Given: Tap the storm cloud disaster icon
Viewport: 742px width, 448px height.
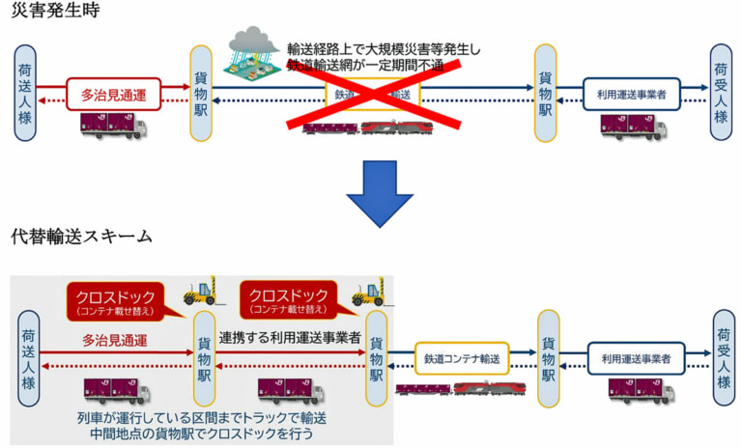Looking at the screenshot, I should click(253, 56).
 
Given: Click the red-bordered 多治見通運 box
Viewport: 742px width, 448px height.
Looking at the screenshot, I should click(113, 95).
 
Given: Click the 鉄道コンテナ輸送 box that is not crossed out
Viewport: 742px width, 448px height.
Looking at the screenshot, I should click(462, 358).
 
